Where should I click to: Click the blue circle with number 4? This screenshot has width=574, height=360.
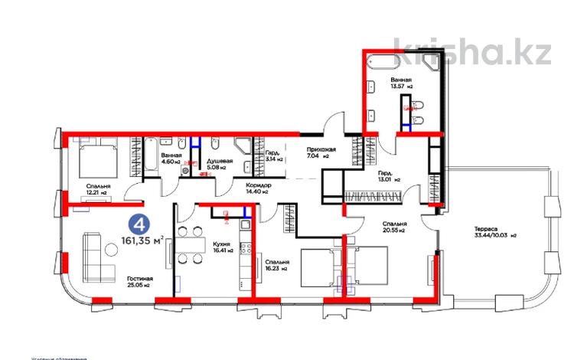[140, 225]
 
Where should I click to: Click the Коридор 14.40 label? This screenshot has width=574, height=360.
[257, 188]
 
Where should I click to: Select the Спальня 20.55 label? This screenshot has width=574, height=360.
[393, 227]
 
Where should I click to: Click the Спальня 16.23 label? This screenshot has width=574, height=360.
[274, 265]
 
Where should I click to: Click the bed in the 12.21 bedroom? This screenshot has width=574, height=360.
[96, 159]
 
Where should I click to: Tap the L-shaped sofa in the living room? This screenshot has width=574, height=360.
[88, 256]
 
